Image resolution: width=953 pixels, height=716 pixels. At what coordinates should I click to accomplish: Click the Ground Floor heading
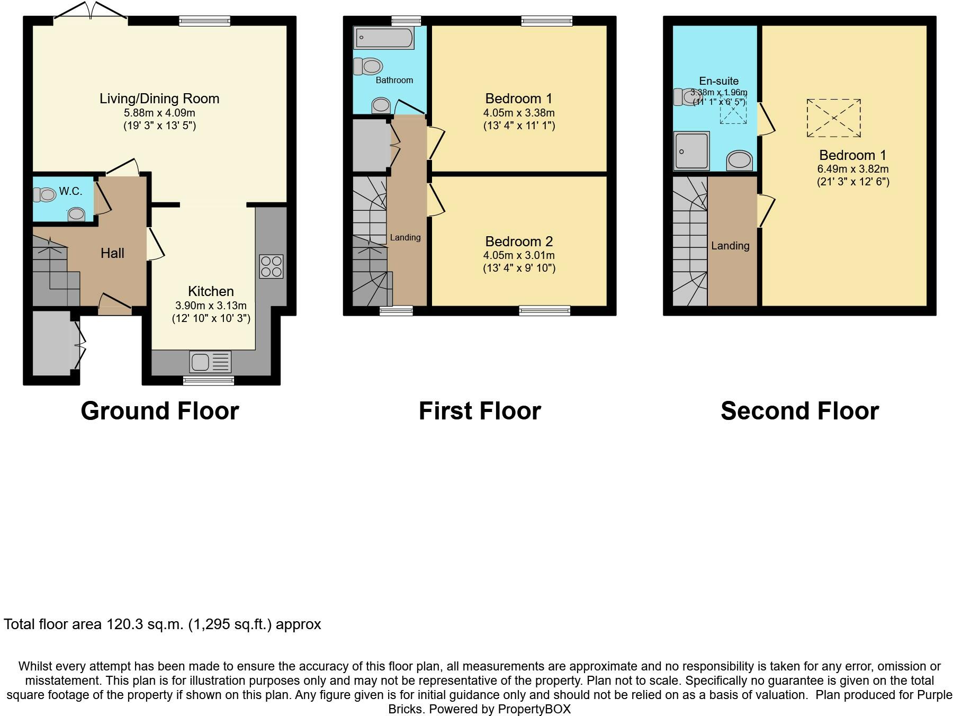pyautogui.click(x=160, y=411)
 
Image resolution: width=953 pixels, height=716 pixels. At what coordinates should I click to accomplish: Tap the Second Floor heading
pyautogui.click(x=799, y=411)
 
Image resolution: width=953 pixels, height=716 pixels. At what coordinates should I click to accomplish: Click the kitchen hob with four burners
pyautogui.click(x=271, y=266)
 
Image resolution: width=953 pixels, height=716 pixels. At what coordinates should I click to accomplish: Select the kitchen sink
pyautogui.click(x=210, y=362)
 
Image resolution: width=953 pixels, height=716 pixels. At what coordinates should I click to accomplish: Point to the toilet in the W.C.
pyautogui.click(x=44, y=195)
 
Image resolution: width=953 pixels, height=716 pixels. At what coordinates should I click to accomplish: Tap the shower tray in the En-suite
pyautogui.click(x=691, y=151)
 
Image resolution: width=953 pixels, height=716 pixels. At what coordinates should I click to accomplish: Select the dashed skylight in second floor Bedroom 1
pyautogui.click(x=833, y=118)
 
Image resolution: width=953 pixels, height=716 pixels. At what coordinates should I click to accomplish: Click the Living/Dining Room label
pyautogui.click(x=159, y=99)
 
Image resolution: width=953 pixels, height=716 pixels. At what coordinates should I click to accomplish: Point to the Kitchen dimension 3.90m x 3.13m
pyautogui.click(x=211, y=306)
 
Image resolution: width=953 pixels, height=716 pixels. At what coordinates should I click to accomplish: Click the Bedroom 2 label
pyautogui.click(x=519, y=241)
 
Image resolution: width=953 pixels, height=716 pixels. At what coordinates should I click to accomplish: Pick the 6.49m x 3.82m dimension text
pyautogui.click(x=853, y=169)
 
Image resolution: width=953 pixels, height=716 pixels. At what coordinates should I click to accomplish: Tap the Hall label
pyautogui.click(x=112, y=253)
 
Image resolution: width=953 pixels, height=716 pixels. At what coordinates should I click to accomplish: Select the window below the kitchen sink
pyautogui.click(x=209, y=380)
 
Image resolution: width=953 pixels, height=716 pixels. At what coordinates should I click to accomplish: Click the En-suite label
pyautogui.click(x=718, y=81)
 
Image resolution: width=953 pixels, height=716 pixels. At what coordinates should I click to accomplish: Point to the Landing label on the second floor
pyautogui.click(x=730, y=246)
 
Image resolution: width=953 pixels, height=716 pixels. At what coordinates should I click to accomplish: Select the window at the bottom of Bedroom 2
pyautogui.click(x=545, y=311)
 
